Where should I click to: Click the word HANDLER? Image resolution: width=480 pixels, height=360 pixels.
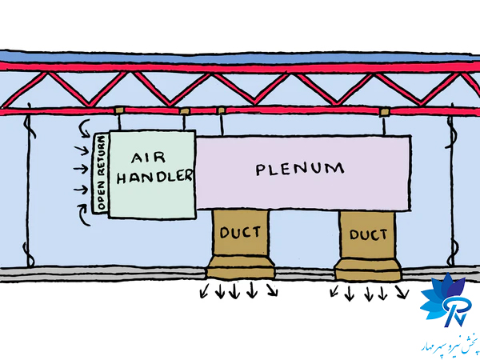click(154, 177)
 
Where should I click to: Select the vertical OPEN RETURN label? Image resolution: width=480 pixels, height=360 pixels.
click(101, 174)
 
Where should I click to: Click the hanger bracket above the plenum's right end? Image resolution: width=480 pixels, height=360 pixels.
click(384, 110)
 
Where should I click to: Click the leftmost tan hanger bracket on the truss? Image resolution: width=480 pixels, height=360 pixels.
click(119, 110)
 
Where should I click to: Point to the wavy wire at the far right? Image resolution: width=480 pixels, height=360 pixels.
click(450, 184)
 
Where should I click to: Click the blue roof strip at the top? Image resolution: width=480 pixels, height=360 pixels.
click(240, 58)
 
